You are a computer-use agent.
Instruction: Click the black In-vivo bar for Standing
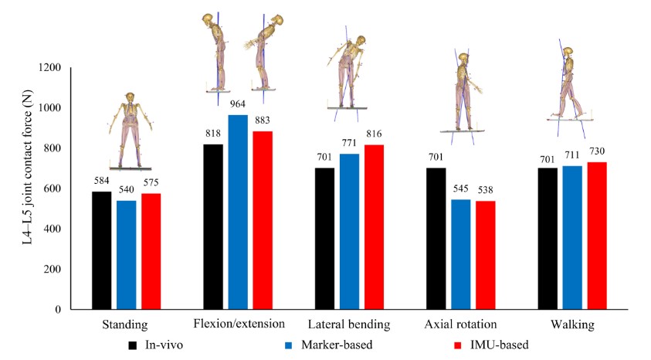click(x=102, y=251)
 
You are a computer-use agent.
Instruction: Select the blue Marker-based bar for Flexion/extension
click(x=238, y=212)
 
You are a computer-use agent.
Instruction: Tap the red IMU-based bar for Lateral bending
click(x=374, y=227)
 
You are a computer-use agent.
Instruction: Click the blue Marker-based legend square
click(x=289, y=343)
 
